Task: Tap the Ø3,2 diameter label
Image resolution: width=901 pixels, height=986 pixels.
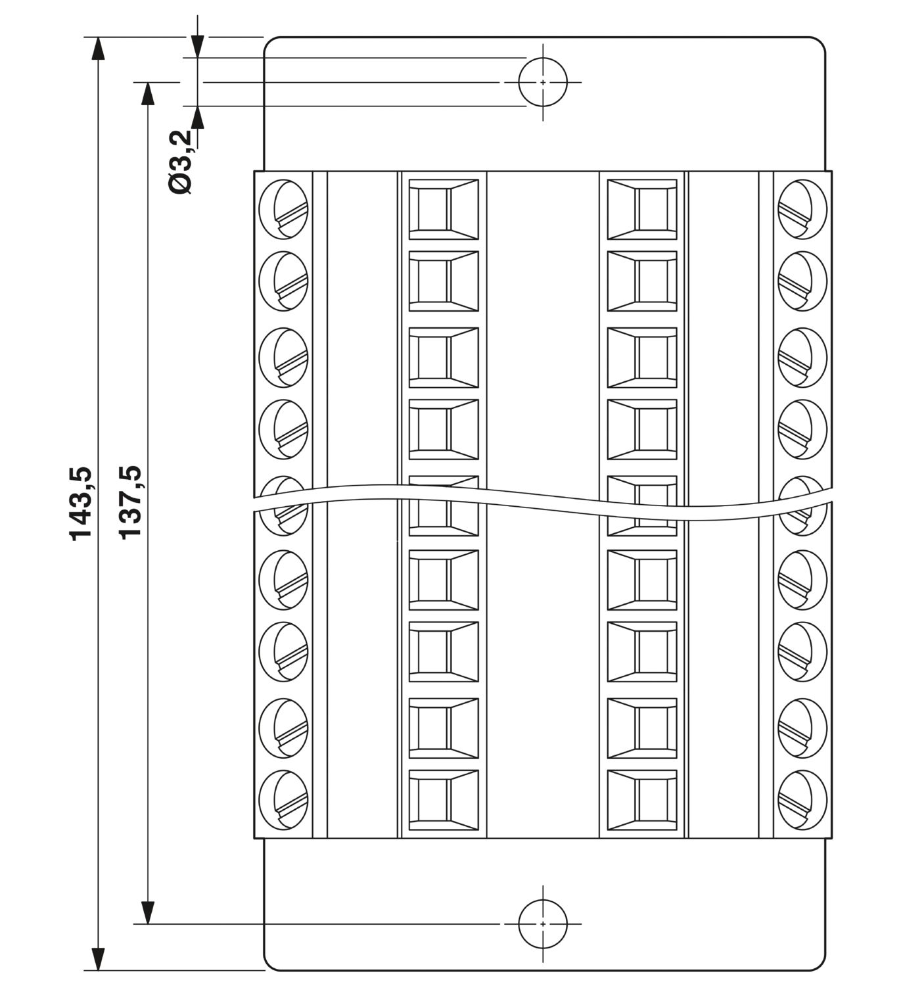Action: click(x=180, y=162)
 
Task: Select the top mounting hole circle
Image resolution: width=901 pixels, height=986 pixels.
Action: click(x=543, y=82)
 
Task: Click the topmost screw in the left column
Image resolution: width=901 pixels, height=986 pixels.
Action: click(x=284, y=210)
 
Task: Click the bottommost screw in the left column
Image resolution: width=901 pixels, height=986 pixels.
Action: click(x=284, y=800)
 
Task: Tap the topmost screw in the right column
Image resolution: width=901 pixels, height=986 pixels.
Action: click(x=802, y=210)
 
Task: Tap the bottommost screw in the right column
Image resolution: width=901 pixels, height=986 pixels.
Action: click(x=802, y=800)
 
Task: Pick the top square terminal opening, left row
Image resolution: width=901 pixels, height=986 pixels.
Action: click(x=444, y=210)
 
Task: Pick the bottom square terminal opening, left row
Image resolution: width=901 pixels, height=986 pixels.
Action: click(x=444, y=800)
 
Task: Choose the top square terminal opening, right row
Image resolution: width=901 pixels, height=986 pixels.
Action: click(x=642, y=210)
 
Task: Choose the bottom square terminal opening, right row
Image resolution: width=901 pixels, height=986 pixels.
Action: click(x=642, y=800)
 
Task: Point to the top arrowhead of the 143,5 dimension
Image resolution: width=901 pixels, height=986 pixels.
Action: click(x=99, y=48)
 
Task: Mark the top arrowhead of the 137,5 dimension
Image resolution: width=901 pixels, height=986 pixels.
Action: click(x=147, y=94)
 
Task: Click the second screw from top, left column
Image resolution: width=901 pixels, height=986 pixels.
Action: click(x=284, y=281)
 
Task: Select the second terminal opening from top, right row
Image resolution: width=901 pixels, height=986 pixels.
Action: click(x=642, y=281)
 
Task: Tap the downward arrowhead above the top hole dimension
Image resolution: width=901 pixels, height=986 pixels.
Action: click(x=198, y=46)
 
